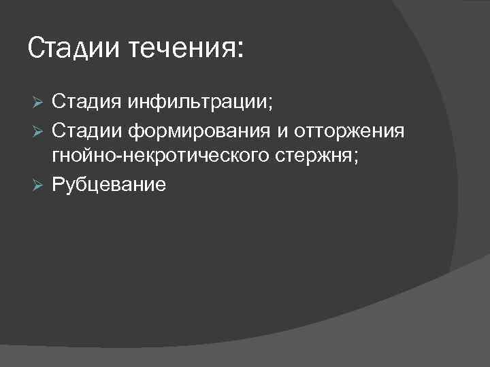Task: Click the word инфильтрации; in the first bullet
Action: tap(197, 103)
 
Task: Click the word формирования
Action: tap(192, 130)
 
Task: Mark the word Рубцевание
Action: tap(109, 185)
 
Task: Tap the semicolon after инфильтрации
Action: tap(269, 105)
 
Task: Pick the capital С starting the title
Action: tap(36, 49)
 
